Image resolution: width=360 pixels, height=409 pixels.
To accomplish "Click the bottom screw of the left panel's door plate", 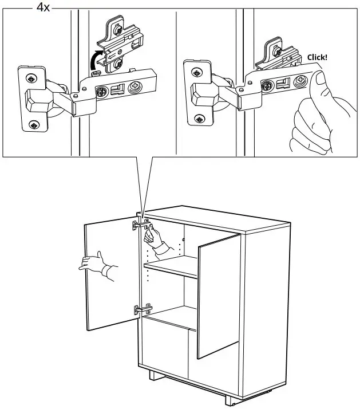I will (x=34, y=124).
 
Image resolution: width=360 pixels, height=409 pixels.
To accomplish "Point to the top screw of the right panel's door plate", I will (x=197, y=73).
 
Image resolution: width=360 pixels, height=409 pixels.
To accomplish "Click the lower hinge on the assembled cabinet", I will (x=141, y=309).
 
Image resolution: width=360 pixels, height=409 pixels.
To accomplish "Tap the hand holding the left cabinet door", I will (x=94, y=264).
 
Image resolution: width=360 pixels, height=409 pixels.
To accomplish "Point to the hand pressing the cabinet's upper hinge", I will (x=153, y=237).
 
